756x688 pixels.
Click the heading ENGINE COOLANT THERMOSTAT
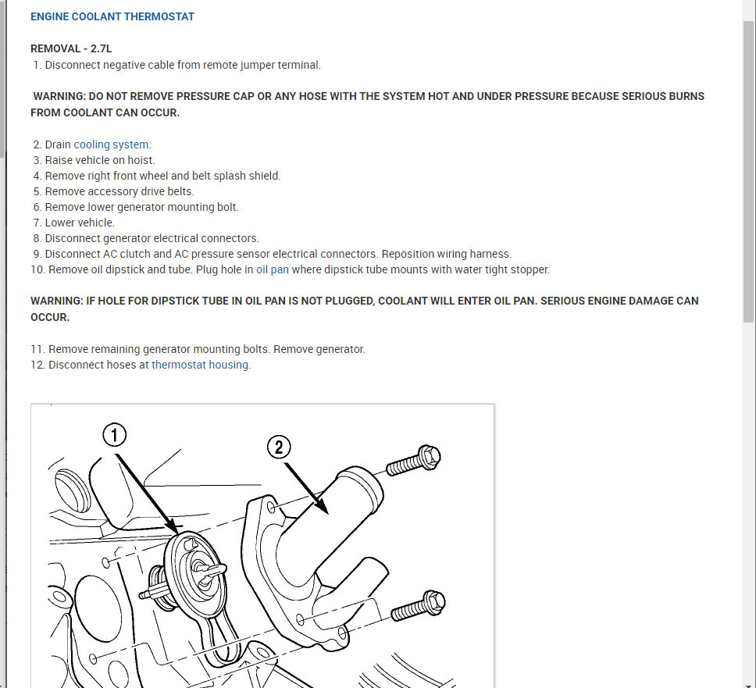tap(112, 16)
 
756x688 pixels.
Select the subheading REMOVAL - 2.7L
tap(71, 48)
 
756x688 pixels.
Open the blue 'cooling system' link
tap(111, 144)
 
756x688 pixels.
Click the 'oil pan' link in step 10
tap(272, 269)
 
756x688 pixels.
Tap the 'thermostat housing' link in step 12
tap(200, 365)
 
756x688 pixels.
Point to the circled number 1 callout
tap(114, 434)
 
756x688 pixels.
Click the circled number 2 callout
tap(279, 447)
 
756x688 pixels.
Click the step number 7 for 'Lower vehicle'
tap(37, 223)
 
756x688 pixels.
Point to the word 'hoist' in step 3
tap(139, 160)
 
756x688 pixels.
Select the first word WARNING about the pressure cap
tap(59, 97)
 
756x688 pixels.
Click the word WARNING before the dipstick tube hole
tap(56, 301)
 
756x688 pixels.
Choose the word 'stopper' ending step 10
tap(530, 269)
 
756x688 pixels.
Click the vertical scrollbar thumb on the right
tap(748, 172)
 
